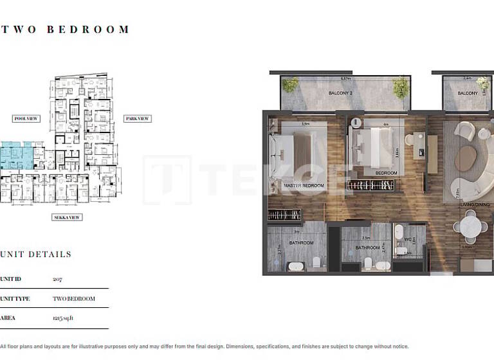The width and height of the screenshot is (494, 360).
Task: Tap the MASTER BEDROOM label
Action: pyautogui.click(x=304, y=185)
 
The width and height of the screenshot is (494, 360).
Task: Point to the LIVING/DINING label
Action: pyautogui.click(x=475, y=204)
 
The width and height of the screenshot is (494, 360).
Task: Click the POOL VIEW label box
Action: pyautogui.click(x=26, y=119)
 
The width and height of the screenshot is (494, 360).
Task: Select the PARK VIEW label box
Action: pyautogui.click(x=137, y=119)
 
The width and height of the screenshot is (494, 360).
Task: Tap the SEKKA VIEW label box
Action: pyautogui.click(x=68, y=217)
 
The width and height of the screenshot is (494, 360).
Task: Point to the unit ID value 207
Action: pyautogui.click(x=57, y=280)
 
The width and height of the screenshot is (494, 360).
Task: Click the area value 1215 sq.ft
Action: pyautogui.click(x=63, y=318)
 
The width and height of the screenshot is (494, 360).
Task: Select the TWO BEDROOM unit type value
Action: pyautogui.click(x=73, y=299)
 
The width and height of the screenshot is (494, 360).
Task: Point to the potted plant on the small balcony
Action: pyautogui.click(x=482, y=83)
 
